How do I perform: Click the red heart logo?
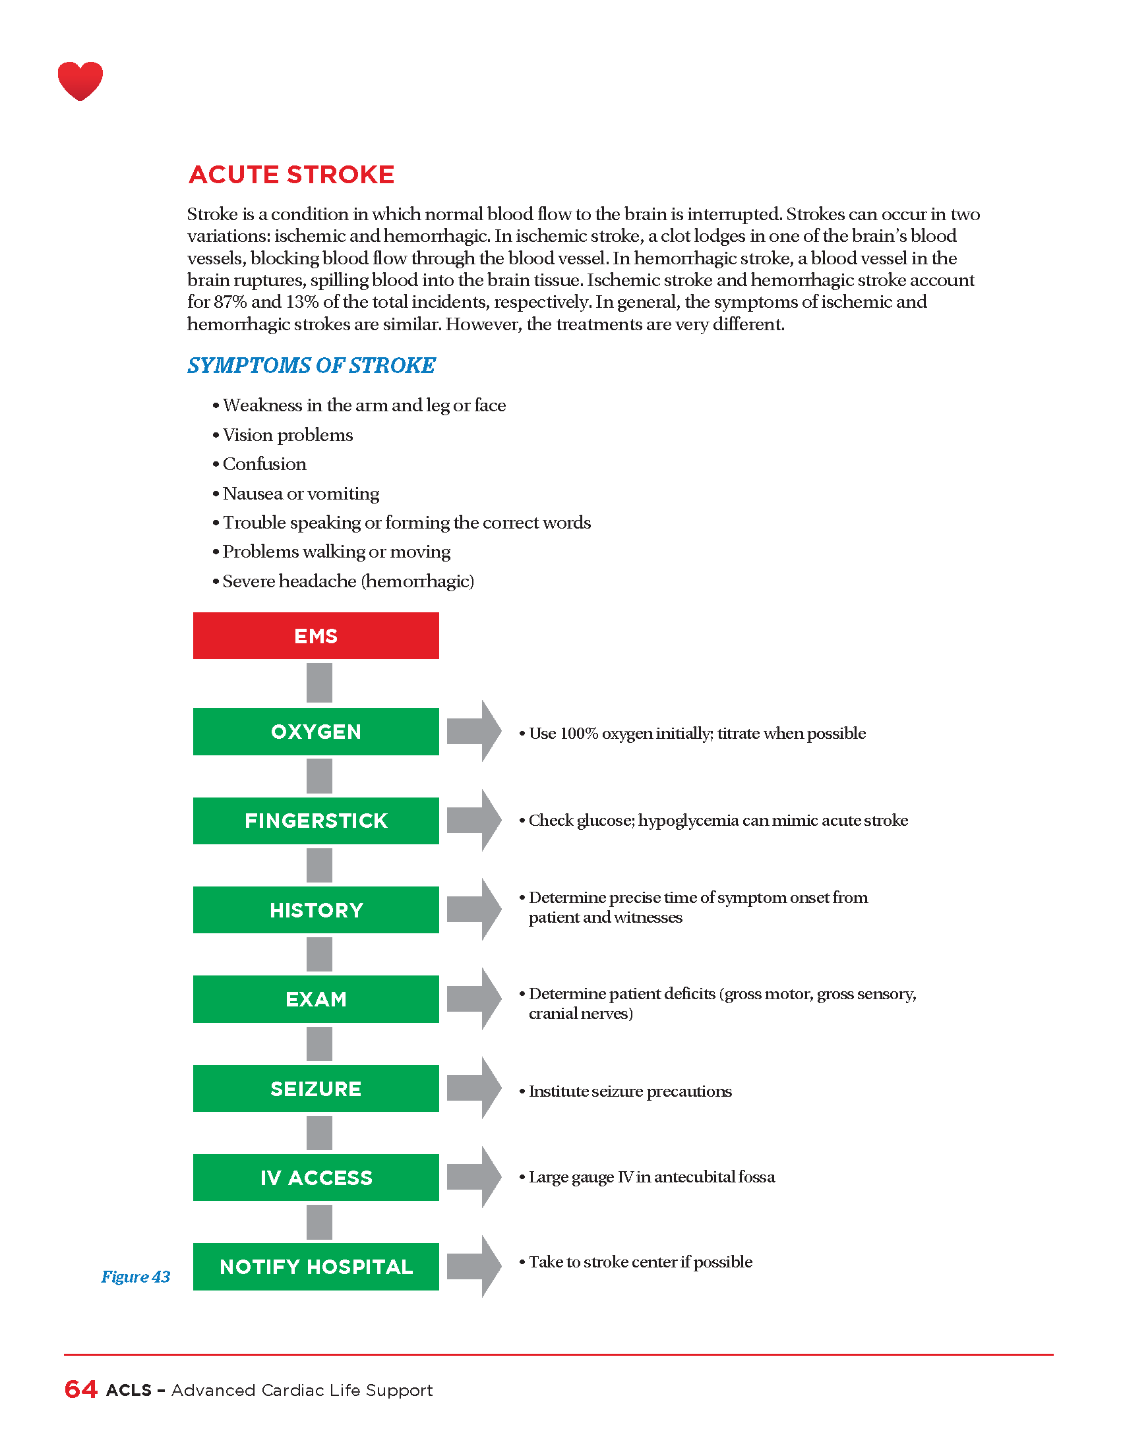click(80, 80)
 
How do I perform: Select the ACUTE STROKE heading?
click(291, 175)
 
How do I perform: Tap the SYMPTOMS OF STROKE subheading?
click(311, 365)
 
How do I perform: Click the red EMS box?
click(315, 635)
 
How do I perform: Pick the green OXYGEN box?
click(315, 731)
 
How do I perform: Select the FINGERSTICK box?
click(315, 821)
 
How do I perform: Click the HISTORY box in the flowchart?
click(315, 910)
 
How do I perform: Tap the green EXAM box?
click(315, 999)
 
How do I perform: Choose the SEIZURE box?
click(315, 1088)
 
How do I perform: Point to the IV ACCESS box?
click(315, 1177)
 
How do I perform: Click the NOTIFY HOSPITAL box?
click(315, 1266)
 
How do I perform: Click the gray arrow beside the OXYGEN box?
click(473, 731)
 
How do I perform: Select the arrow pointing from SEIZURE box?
click(473, 1088)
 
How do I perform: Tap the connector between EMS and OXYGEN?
click(318, 683)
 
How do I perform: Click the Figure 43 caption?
click(135, 1277)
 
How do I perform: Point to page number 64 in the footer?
click(81, 1389)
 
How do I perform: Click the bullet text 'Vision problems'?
click(288, 435)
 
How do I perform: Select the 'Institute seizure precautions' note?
click(630, 1091)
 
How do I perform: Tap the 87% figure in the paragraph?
click(230, 302)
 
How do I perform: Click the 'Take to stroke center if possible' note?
click(640, 1261)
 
